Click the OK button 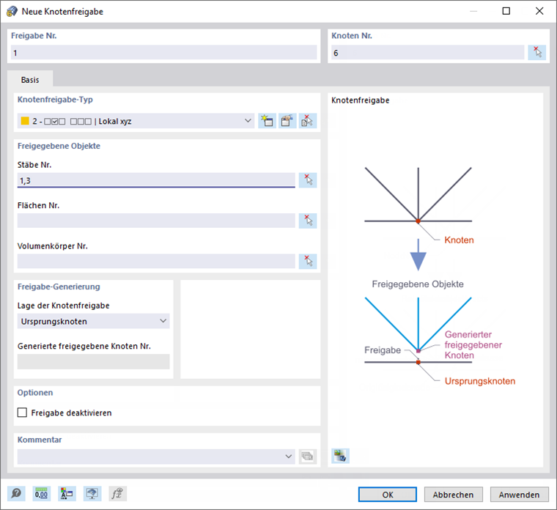click(x=388, y=495)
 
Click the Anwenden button click(x=520, y=495)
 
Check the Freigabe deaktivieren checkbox click(x=22, y=413)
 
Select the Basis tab click(x=30, y=79)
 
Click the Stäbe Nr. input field click(x=156, y=180)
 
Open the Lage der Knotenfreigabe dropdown click(x=93, y=321)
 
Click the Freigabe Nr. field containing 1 click(x=165, y=53)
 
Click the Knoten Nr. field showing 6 click(x=427, y=53)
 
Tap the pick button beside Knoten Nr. click(x=537, y=53)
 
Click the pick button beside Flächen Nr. click(x=308, y=221)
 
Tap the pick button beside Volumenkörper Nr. click(x=308, y=261)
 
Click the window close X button click(x=540, y=11)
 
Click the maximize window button click(x=506, y=11)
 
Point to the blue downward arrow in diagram click(x=418, y=256)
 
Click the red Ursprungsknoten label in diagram click(x=480, y=381)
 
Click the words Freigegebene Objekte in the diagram click(x=418, y=284)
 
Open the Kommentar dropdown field click(x=156, y=457)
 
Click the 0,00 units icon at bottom click(x=42, y=494)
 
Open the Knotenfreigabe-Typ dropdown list click(x=136, y=121)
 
